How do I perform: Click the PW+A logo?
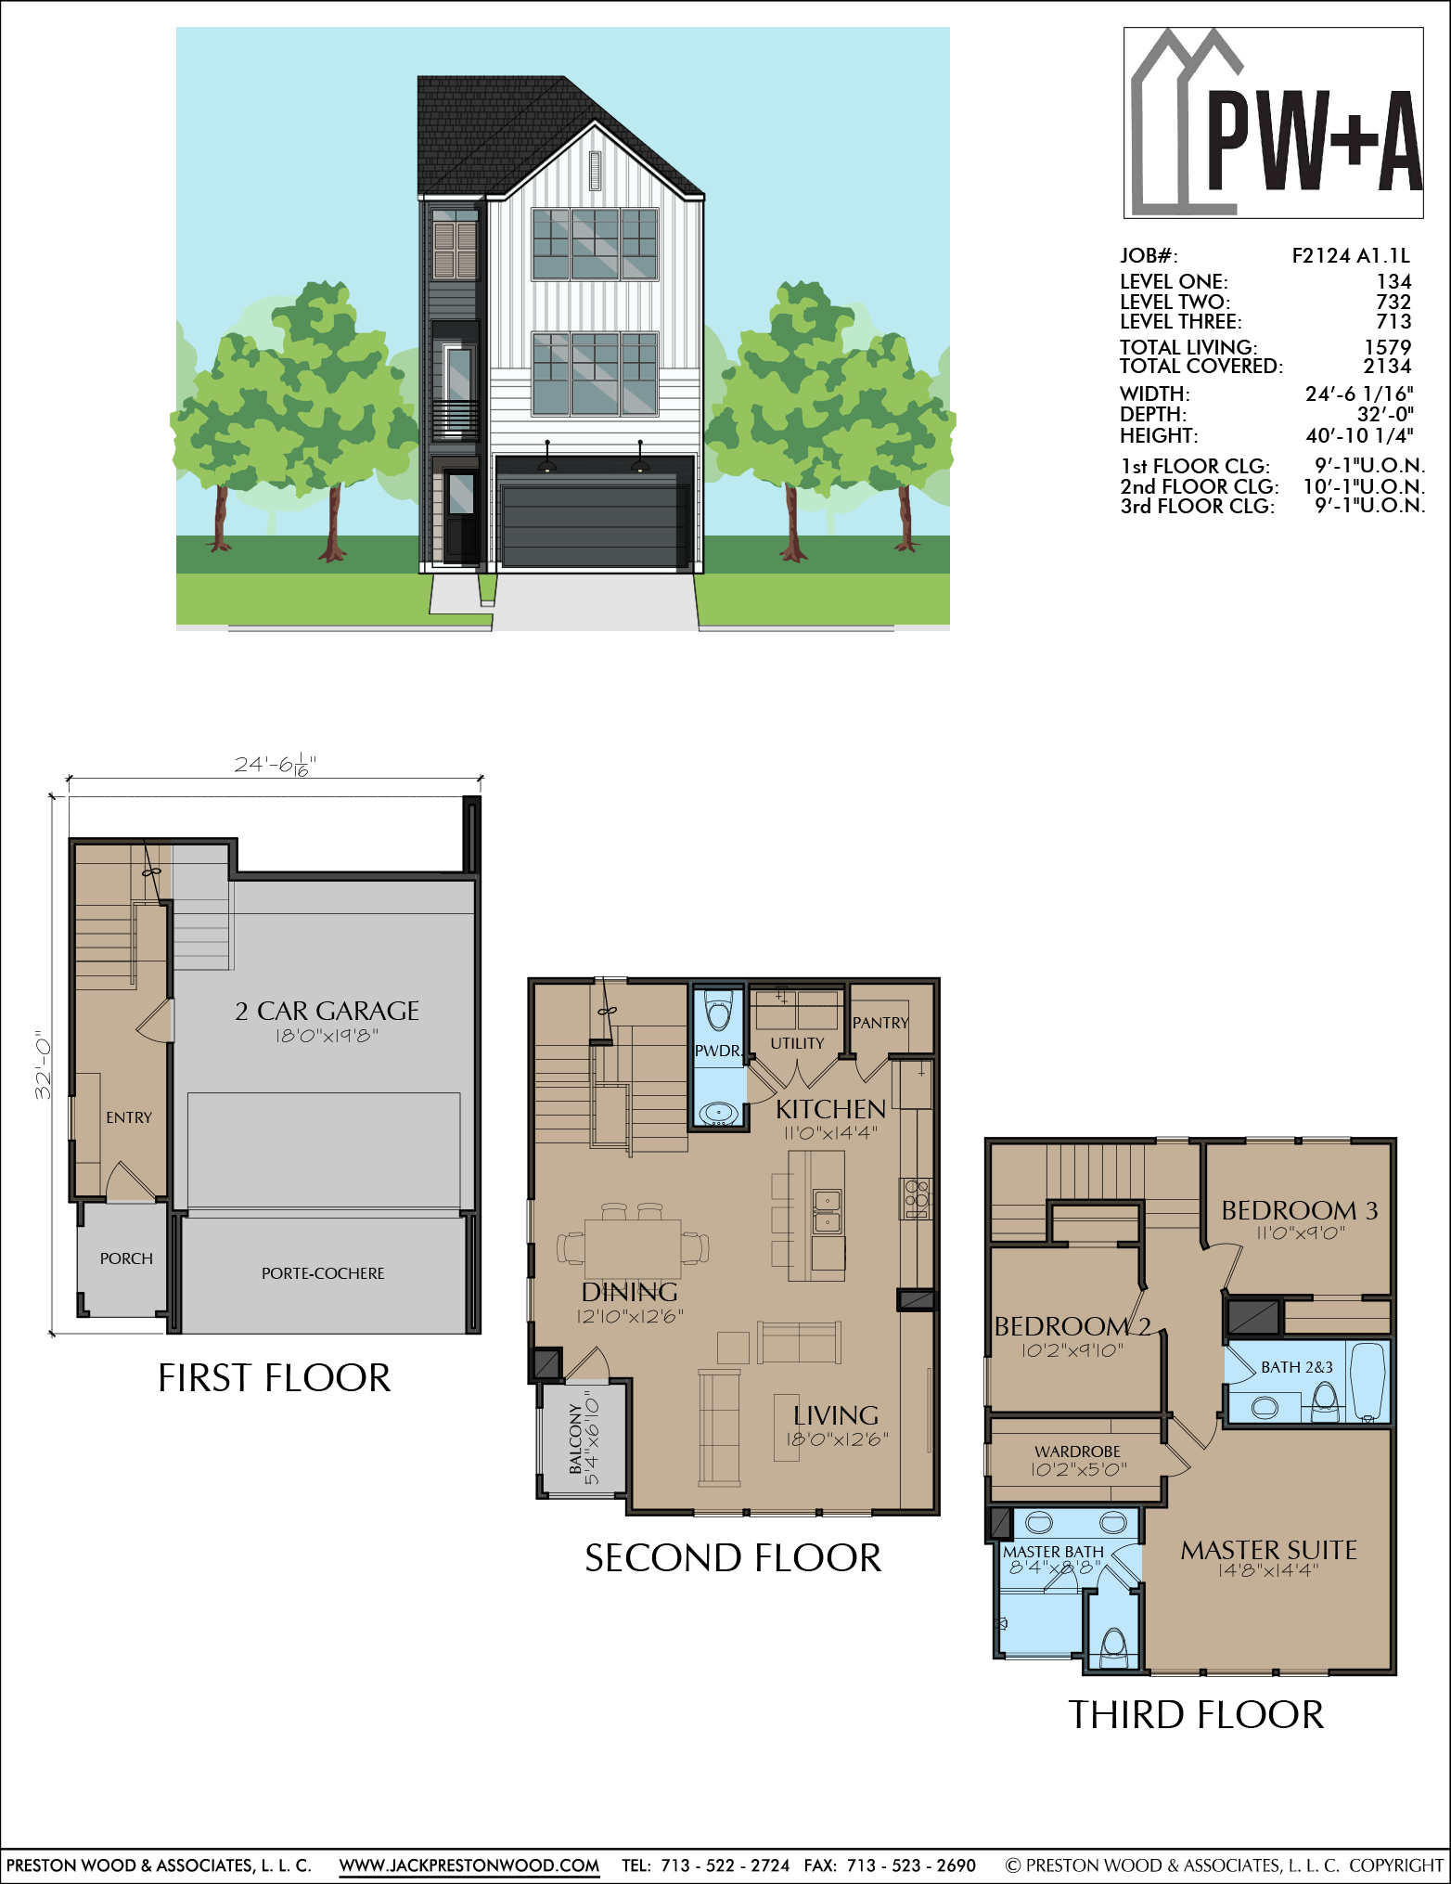click(1273, 123)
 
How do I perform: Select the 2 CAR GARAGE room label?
click(327, 1011)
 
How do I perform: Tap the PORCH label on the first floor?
click(126, 1258)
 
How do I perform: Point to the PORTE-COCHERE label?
click(323, 1273)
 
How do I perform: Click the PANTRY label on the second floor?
click(880, 1023)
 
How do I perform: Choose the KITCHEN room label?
click(830, 1109)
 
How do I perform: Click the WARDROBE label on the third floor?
click(1077, 1452)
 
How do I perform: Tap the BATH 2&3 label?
click(1297, 1367)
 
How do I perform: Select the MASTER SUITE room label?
click(1268, 1550)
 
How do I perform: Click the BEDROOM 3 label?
click(1299, 1210)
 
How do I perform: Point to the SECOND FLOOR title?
click(733, 1558)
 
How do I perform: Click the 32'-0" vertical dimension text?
click(43, 1065)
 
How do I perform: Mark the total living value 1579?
click(1387, 347)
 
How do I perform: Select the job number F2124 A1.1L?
click(1351, 256)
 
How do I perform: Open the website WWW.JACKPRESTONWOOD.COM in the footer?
click(469, 1865)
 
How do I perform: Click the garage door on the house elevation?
click(594, 523)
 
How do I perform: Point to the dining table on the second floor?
click(633, 1249)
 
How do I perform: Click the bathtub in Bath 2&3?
click(1367, 1382)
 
